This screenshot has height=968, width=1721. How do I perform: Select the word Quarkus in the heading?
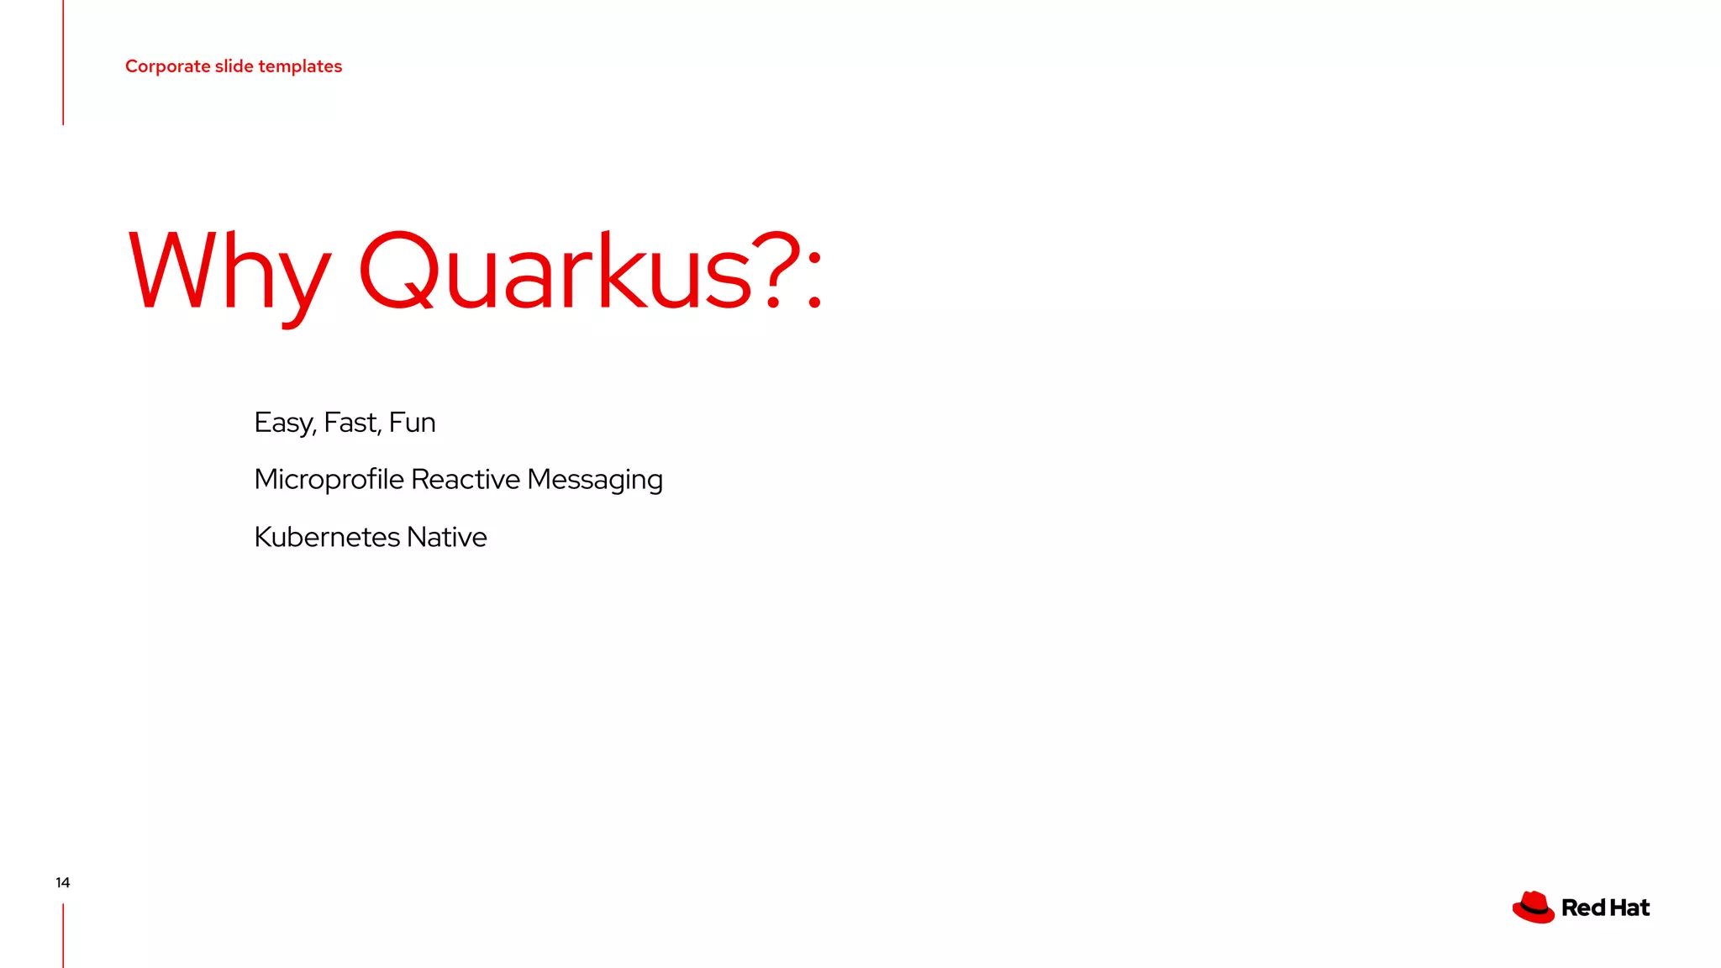(x=555, y=271)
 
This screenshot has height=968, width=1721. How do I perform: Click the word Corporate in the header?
(x=167, y=66)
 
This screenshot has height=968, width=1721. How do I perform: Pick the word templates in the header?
(x=300, y=67)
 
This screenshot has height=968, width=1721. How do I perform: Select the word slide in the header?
(x=234, y=66)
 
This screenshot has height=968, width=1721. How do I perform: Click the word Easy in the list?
(x=284, y=423)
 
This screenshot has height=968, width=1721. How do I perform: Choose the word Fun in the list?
(x=412, y=423)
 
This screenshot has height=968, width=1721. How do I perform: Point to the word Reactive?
(x=465, y=480)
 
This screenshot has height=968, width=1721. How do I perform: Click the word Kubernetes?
(x=326, y=537)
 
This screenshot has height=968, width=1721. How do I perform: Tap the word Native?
(x=446, y=537)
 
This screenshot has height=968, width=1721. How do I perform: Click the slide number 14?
(x=63, y=882)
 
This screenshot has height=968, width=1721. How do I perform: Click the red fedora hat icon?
(x=1534, y=907)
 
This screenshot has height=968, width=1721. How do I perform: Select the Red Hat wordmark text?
(x=1605, y=908)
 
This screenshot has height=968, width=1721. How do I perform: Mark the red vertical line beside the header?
(x=63, y=62)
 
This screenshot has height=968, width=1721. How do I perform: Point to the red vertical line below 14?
(x=63, y=935)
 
